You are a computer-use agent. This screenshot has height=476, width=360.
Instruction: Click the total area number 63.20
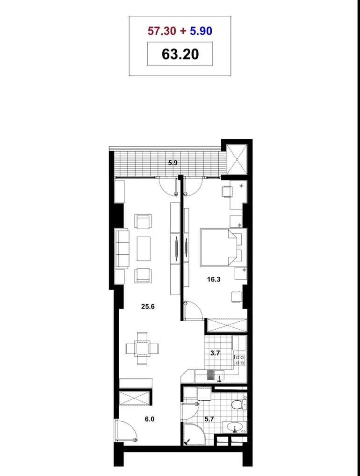coord(180,54)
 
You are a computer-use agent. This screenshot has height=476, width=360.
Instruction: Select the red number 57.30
coord(162,31)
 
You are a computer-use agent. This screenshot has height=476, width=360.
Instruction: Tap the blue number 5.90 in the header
coord(201,31)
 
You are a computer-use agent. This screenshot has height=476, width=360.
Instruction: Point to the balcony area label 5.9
coord(173,163)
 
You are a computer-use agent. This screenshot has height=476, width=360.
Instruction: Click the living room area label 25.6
coord(148,307)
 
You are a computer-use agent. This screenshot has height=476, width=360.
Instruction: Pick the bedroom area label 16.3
coord(214,279)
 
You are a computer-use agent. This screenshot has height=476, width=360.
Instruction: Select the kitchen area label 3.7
coord(215,353)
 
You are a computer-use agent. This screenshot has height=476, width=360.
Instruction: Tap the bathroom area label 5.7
coord(209,419)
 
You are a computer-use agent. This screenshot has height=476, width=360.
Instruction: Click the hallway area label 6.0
coord(149,419)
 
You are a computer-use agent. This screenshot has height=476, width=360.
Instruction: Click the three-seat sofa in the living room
coord(122,249)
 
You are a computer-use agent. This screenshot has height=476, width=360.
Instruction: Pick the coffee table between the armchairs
coord(144,249)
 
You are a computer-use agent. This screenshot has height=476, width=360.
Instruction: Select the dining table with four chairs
coord(142,348)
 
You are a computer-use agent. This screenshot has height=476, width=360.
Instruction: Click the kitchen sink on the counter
coord(219,375)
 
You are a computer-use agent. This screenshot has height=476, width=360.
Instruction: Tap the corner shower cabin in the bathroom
coord(194,434)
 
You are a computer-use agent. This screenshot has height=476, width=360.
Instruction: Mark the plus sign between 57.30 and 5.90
coord(183,31)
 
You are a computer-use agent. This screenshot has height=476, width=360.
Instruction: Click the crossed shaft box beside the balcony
coord(237,159)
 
